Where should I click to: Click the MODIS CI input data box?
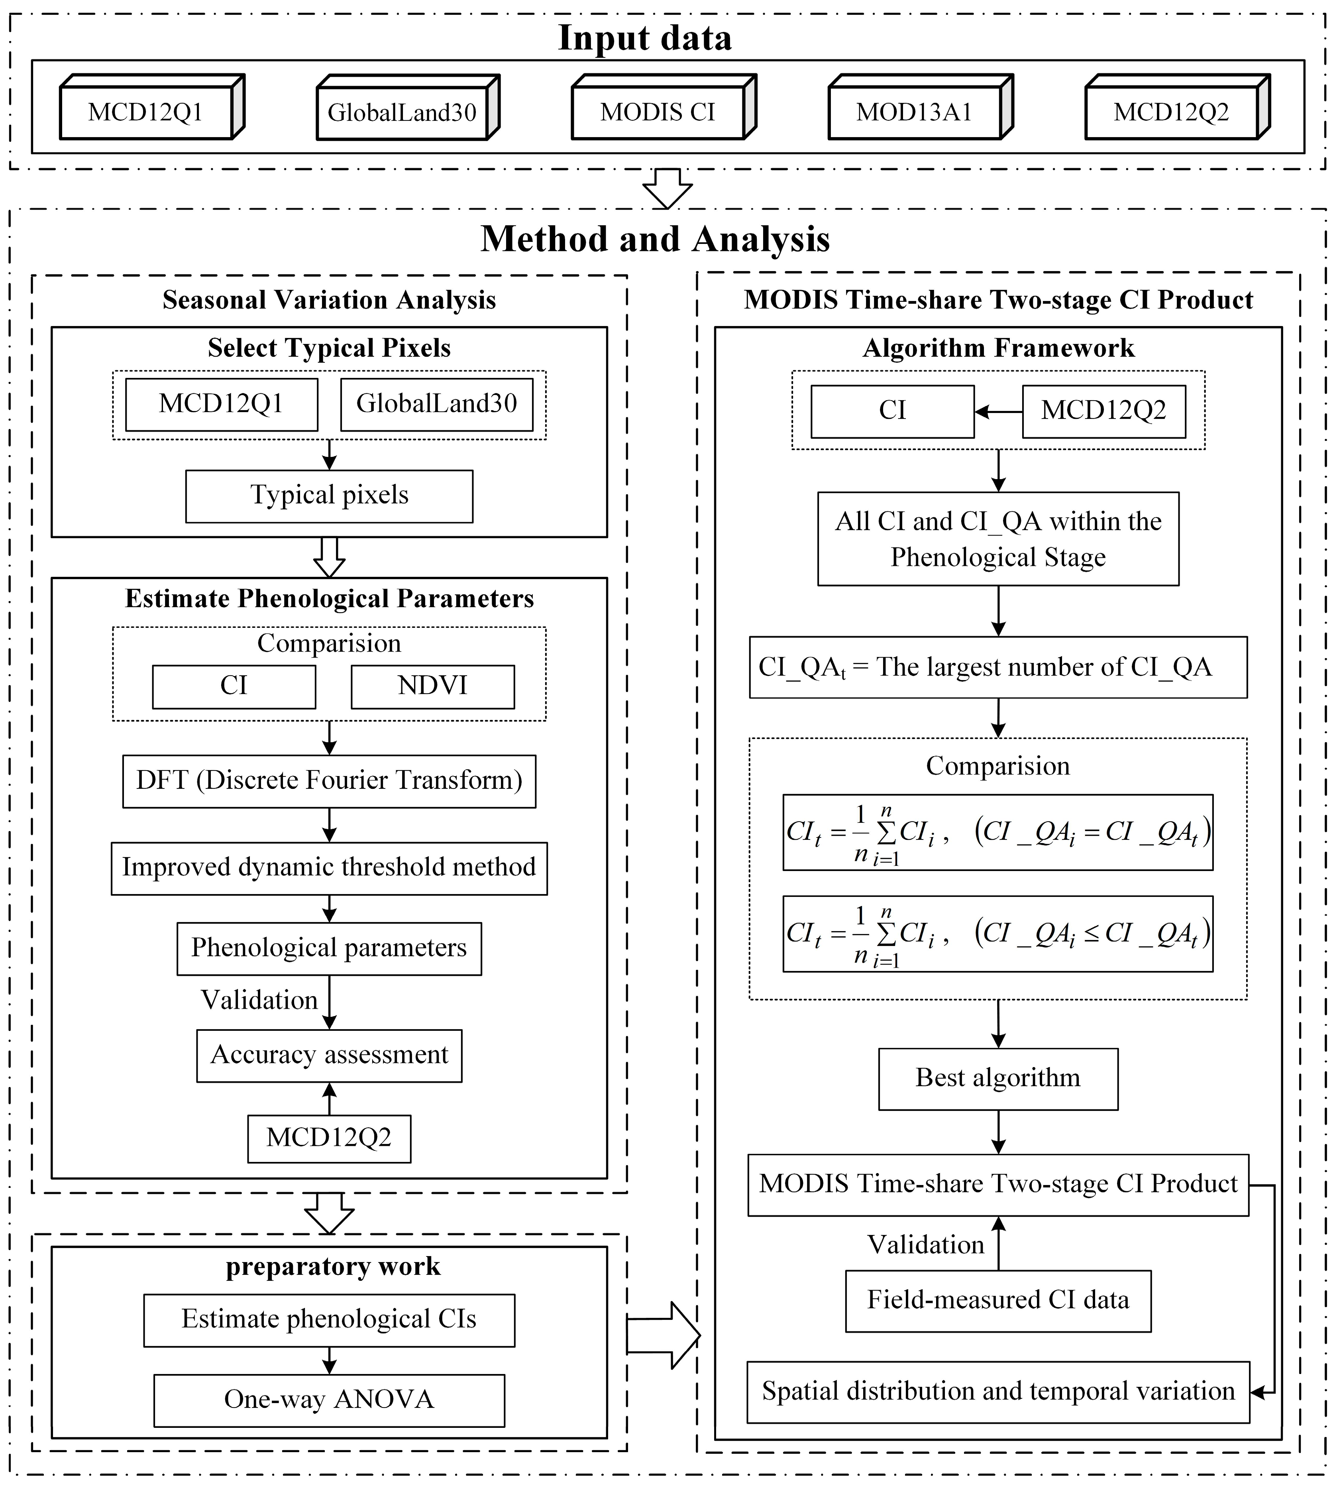(658, 112)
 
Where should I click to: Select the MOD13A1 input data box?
(914, 112)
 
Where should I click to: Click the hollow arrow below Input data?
(668, 189)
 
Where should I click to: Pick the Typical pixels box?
(329, 495)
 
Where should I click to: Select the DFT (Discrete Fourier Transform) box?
(329, 780)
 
